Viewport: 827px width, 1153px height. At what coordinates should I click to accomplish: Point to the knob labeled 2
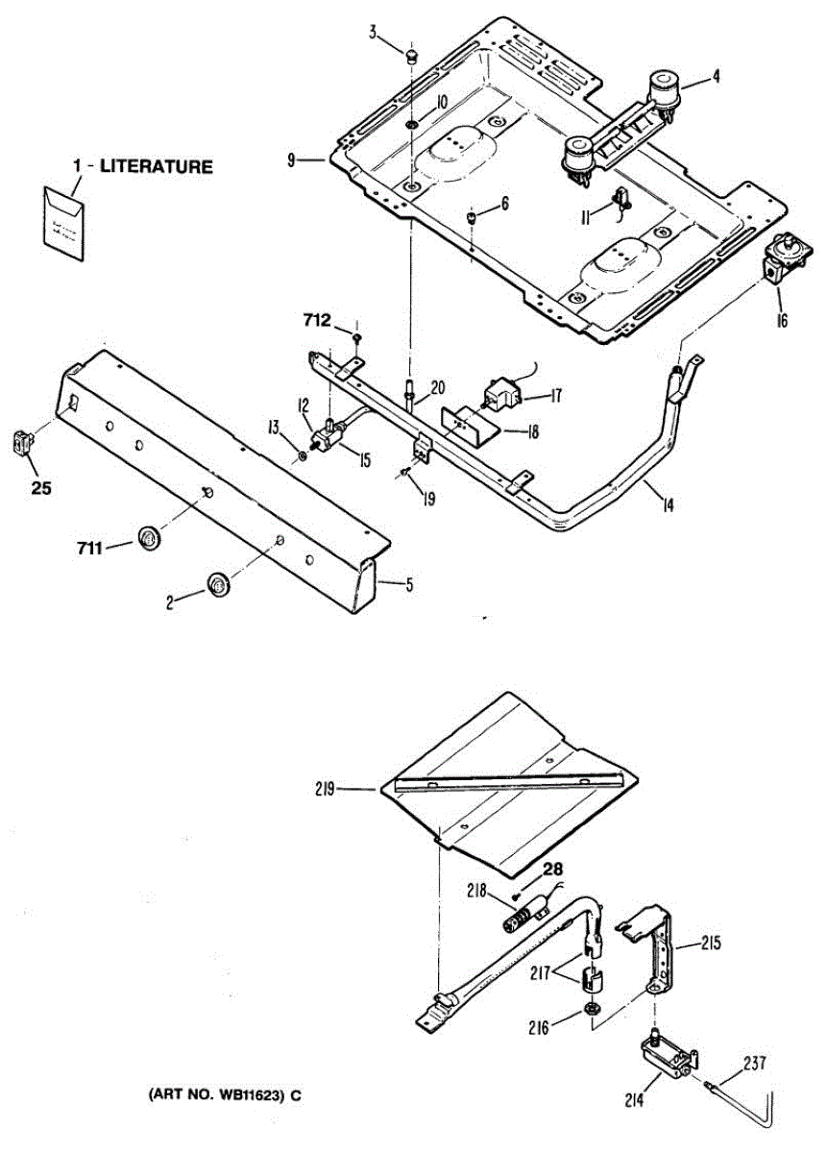tap(219, 582)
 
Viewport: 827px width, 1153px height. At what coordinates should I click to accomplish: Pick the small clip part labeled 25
tap(21, 444)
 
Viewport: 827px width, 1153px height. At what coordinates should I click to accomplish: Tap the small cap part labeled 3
tap(412, 58)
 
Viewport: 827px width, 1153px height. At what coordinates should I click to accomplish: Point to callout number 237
tap(755, 1065)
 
